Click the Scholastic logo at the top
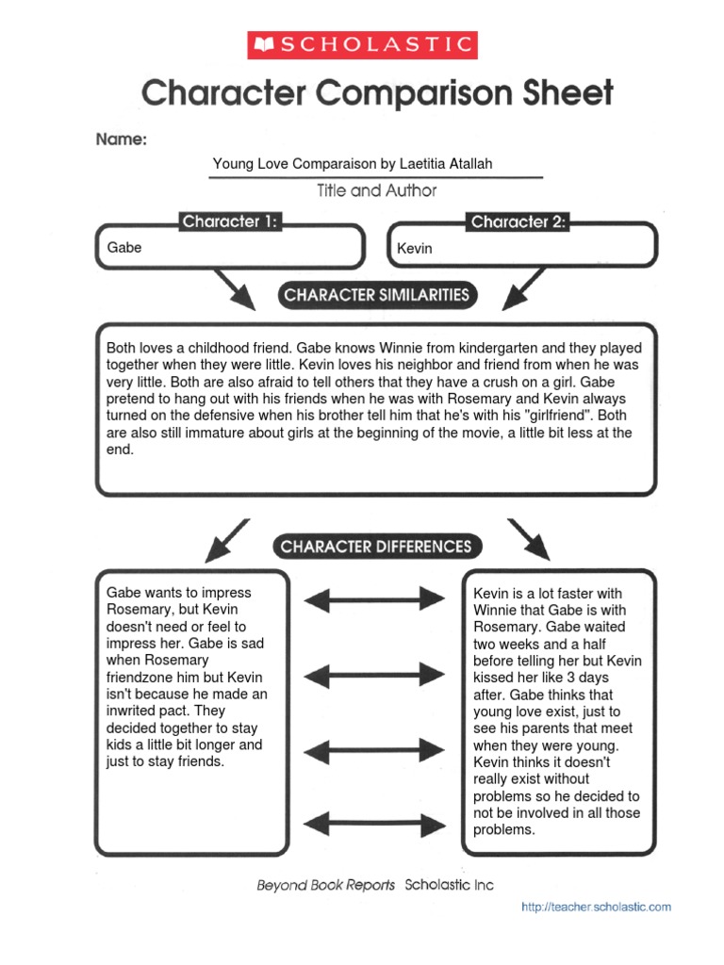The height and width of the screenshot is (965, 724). click(362, 44)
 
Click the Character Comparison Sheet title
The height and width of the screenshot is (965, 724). click(377, 93)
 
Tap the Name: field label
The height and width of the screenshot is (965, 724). click(121, 139)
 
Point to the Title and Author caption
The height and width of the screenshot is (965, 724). click(377, 190)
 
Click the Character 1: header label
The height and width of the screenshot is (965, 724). click(230, 222)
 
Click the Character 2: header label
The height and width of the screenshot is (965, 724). click(518, 222)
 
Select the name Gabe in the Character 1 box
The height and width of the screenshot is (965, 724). click(123, 248)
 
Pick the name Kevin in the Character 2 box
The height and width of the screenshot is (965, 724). click(415, 248)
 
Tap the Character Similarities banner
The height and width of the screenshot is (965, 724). click(376, 295)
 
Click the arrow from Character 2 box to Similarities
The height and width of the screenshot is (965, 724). click(522, 289)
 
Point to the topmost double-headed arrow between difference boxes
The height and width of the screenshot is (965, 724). click(374, 597)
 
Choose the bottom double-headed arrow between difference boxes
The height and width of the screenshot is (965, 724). click(374, 820)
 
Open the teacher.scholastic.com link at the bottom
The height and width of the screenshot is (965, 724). click(597, 907)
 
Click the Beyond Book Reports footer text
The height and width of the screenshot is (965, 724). click(326, 886)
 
